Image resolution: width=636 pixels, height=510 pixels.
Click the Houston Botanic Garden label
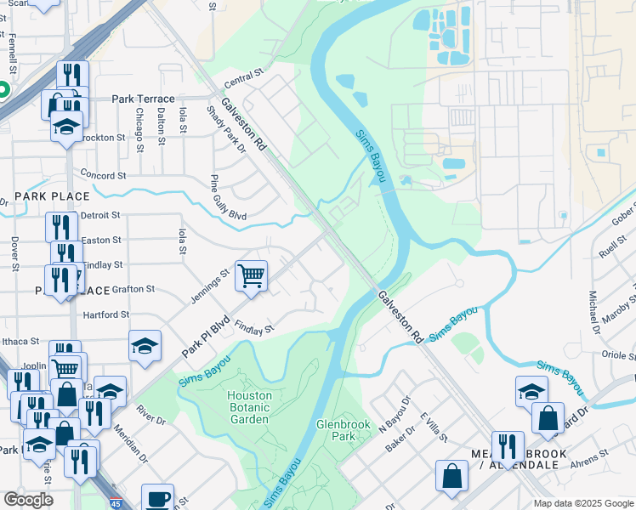[x=249, y=407]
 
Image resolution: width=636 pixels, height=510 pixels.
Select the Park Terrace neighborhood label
[x=143, y=99]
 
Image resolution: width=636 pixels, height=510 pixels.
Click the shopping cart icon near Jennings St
[x=251, y=275]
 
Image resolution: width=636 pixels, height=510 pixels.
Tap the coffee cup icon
[x=156, y=498]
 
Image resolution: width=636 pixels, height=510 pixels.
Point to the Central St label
[x=246, y=82]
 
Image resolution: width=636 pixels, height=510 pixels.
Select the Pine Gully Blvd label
[x=229, y=198]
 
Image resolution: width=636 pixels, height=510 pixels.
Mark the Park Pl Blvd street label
[x=206, y=337]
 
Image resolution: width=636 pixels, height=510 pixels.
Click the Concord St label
[x=102, y=176]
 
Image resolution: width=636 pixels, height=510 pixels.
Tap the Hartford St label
[x=105, y=314]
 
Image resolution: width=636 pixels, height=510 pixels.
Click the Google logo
[x=28, y=500]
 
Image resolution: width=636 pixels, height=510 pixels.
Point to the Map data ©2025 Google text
[x=582, y=503]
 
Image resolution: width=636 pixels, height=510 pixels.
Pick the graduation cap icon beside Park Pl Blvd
[x=145, y=345]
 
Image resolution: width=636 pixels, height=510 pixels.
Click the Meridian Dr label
[x=130, y=444]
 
